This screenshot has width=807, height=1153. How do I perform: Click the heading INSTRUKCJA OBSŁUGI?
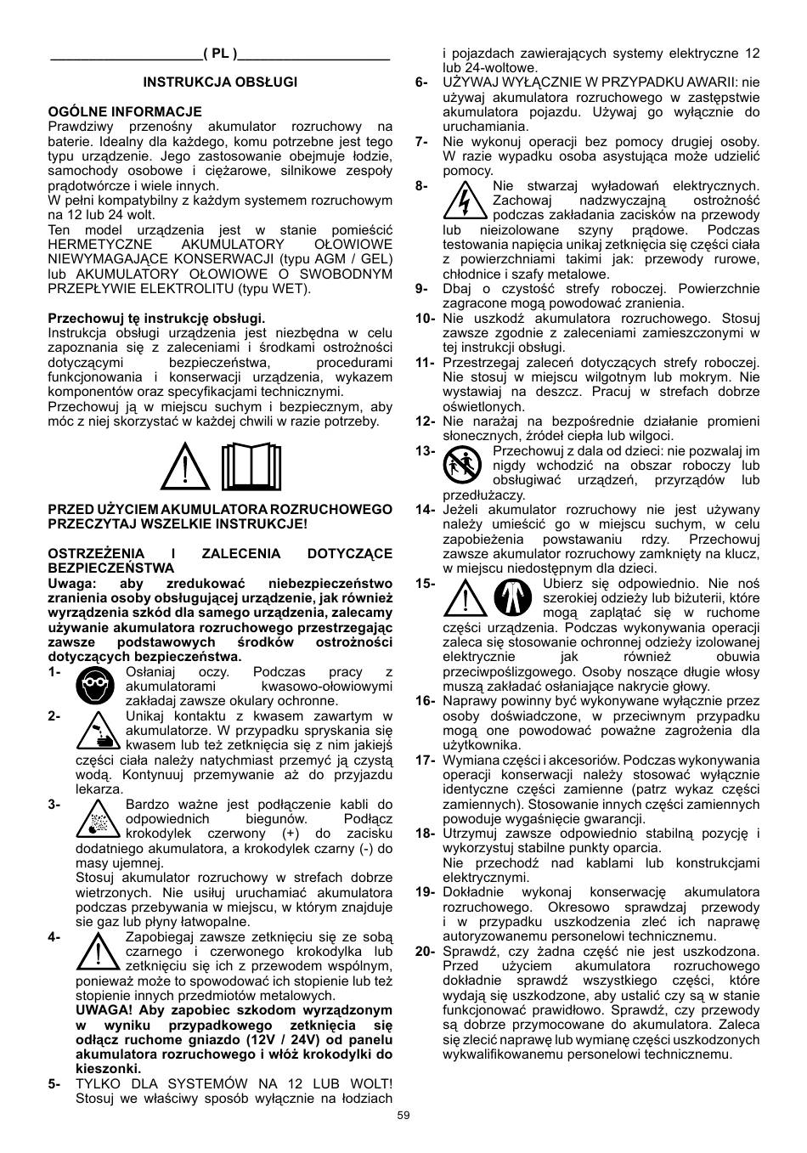tap(220, 82)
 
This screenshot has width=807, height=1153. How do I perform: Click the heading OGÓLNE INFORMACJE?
tap(125, 111)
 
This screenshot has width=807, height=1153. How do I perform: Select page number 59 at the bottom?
tap(403, 1116)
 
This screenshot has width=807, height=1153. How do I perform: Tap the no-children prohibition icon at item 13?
tap(462, 466)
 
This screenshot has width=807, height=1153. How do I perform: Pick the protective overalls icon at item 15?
tap(512, 599)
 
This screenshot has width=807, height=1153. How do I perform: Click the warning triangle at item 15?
tap(463, 598)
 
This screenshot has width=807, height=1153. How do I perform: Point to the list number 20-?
tap(425, 951)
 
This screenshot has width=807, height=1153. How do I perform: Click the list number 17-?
tap(425, 760)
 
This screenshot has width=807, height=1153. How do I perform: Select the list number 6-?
tap(421, 82)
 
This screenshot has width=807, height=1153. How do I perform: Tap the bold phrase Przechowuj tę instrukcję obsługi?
tap(156, 318)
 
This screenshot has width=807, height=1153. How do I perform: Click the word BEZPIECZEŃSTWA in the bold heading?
tap(111, 568)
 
